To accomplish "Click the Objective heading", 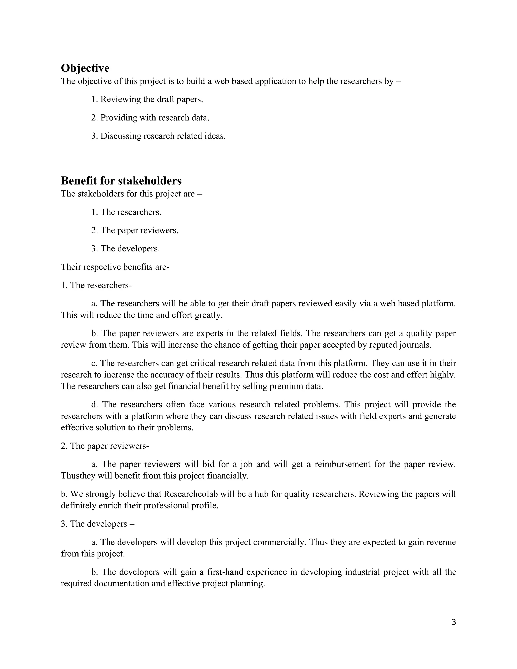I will (x=85, y=68).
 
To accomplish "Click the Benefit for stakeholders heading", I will (x=121, y=181).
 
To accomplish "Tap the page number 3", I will (x=454, y=622).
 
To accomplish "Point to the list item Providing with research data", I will (x=150, y=118).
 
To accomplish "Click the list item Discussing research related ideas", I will (x=158, y=136).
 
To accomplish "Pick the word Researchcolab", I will (x=191, y=494).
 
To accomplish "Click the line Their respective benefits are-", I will (x=115, y=267).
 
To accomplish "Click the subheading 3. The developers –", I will (x=97, y=524).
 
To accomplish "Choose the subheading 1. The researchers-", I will (x=96, y=285).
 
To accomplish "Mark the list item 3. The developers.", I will (x=125, y=248).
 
